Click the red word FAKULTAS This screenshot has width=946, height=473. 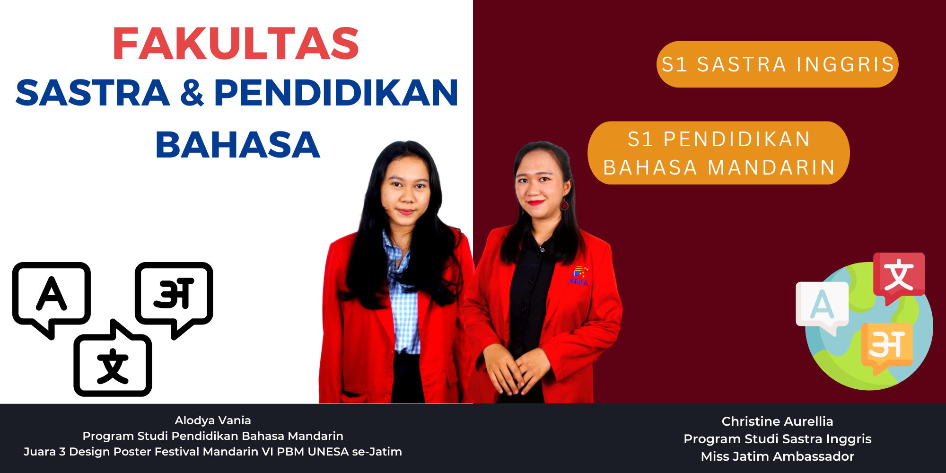[236, 44]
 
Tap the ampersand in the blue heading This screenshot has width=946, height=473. [192, 93]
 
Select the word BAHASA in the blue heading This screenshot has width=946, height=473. [238, 145]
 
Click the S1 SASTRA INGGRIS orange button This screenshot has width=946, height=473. [777, 64]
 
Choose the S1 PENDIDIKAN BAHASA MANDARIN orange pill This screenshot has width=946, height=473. [718, 153]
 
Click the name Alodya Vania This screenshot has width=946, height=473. [213, 420]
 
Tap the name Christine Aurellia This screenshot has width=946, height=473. [777, 421]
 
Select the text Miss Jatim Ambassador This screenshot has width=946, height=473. [777, 456]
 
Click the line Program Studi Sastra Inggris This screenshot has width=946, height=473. [777, 439]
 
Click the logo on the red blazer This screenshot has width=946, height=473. [579, 276]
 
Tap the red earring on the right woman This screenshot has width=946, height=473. [564, 204]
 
